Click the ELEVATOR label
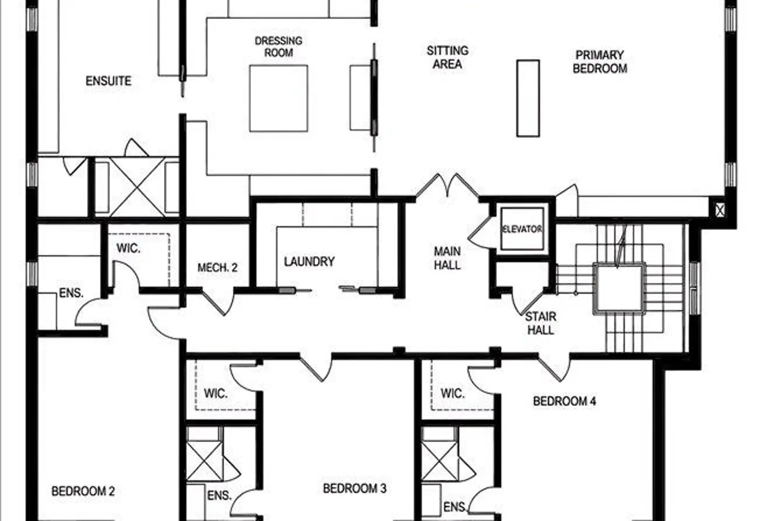522,229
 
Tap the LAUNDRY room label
309,262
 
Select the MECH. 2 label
218,268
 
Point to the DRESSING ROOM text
279,47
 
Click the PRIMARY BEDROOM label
600,62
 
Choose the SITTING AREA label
447,57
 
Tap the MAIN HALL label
447,258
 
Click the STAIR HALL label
541,323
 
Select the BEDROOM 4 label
564,401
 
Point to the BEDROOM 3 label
355,489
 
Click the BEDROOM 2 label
83,491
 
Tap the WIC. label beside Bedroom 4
452,393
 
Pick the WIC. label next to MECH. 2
128,248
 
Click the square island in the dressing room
279,98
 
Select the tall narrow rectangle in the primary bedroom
528,98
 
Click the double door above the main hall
447,186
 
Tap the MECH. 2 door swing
218,302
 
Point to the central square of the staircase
619,288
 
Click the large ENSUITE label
108,81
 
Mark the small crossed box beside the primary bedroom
720,210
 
